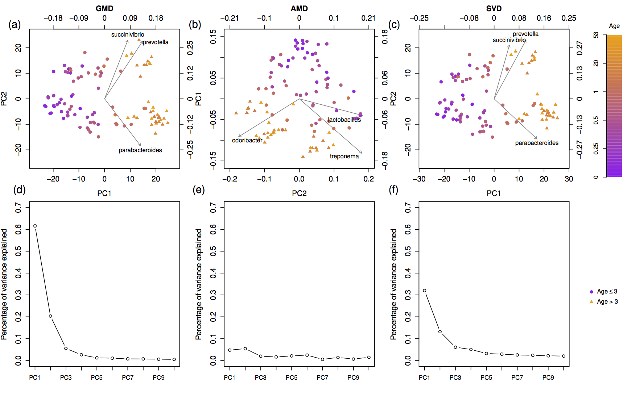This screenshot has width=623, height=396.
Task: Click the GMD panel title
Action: tap(104, 8)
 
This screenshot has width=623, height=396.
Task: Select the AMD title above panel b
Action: tap(299, 8)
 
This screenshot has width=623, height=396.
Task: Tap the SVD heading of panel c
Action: tap(494, 8)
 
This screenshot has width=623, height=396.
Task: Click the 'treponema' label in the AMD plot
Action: tap(344, 157)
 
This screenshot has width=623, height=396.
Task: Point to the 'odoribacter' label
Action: tap(247, 141)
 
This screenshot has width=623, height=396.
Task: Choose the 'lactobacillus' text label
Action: tap(344, 120)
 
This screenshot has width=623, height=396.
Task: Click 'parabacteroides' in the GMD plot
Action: tap(140, 150)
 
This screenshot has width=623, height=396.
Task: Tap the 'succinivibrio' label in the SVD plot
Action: tap(509, 40)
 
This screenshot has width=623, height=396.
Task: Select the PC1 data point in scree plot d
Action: tap(35, 226)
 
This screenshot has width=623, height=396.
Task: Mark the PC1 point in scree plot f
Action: tap(425, 291)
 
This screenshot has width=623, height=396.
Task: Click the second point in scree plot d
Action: tap(50, 316)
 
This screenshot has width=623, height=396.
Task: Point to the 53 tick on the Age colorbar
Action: tap(596, 35)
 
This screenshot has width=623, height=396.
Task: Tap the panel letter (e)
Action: tap(199, 190)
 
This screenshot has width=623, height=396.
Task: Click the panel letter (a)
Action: tap(15, 25)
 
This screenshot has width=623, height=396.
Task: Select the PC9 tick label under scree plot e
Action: tap(353, 378)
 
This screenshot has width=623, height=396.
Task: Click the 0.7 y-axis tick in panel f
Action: tap(408, 208)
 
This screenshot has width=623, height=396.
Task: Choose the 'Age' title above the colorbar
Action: tap(614, 26)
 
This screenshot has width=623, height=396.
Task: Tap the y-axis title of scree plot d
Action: tap(4, 284)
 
